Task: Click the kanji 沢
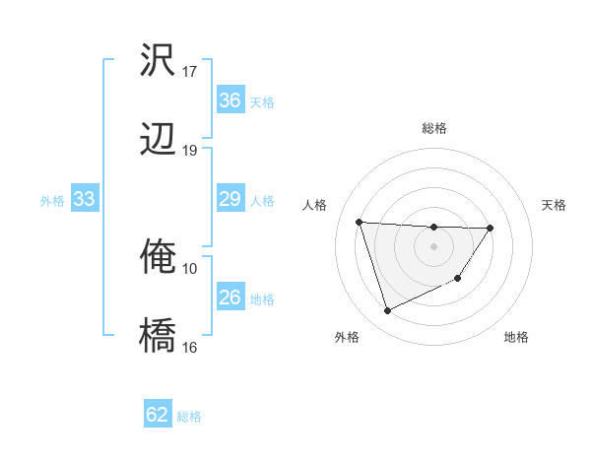(159, 61)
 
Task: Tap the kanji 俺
(159, 257)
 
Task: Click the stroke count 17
(190, 72)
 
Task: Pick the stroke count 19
(190, 150)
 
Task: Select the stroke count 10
(190, 268)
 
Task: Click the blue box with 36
(230, 100)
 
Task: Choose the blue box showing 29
(230, 199)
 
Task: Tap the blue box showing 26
(230, 298)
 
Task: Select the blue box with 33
(85, 199)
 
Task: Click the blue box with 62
(158, 415)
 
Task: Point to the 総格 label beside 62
(190, 417)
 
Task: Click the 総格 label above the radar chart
(434, 128)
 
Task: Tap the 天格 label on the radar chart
(555, 205)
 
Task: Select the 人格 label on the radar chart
(316, 205)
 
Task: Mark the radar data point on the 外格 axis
(387, 311)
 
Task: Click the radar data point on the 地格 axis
(458, 280)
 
